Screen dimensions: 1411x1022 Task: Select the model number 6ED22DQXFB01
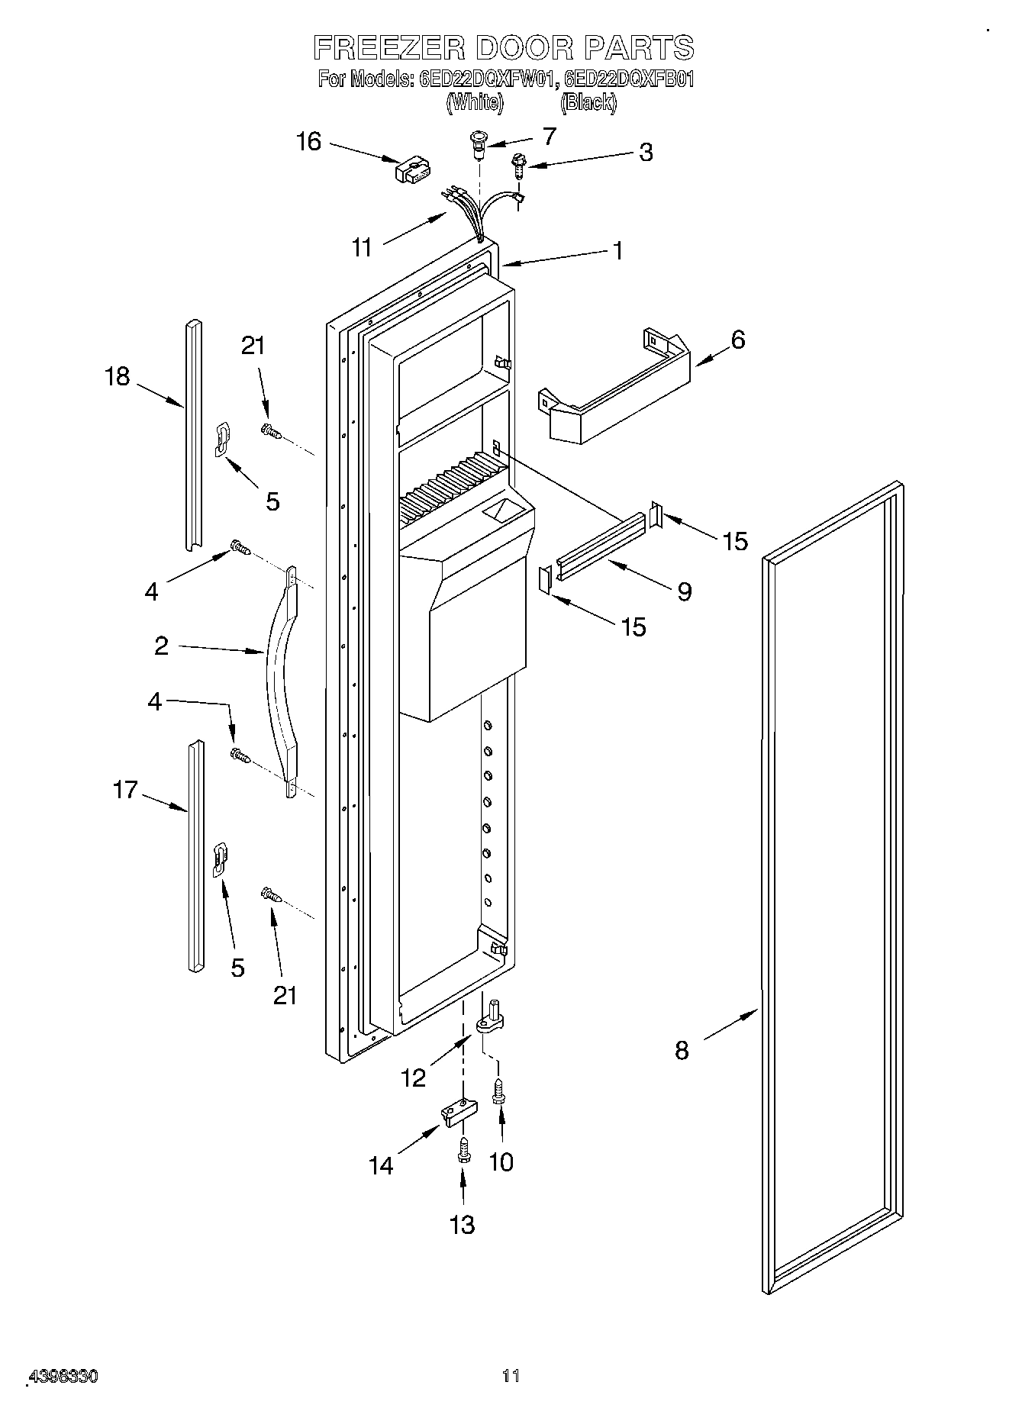630,79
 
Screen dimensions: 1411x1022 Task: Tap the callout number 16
309,142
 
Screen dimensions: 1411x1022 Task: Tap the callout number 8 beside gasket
682,1050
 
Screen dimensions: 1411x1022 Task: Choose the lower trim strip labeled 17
195,855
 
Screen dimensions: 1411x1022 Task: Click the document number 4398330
63,1377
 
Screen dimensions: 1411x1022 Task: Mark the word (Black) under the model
588,101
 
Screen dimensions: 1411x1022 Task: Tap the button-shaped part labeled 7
479,143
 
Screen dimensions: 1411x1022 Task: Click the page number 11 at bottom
511,1376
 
